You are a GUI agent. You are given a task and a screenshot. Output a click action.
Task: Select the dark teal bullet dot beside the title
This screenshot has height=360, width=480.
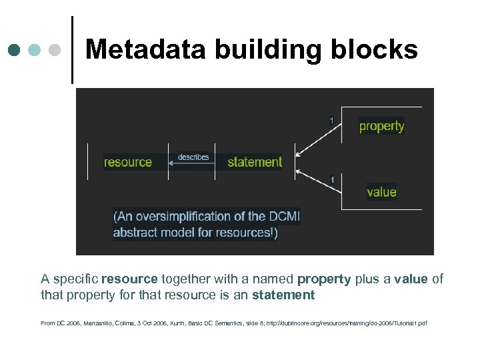15,49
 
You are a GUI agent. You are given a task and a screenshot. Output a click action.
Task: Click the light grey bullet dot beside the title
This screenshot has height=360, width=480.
56,49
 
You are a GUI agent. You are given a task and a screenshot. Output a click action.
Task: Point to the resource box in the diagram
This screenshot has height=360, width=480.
128,162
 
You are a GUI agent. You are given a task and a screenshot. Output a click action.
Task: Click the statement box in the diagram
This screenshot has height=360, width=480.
255,162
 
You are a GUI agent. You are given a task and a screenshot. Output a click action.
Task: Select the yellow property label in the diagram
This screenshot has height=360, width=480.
381,126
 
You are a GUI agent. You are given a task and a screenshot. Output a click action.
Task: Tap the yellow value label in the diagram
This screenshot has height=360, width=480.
381,192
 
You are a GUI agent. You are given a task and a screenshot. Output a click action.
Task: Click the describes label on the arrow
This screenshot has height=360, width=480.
193,157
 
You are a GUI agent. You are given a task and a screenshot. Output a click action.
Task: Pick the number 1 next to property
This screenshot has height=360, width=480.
331,120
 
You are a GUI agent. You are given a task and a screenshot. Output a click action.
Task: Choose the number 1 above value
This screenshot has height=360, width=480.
332,179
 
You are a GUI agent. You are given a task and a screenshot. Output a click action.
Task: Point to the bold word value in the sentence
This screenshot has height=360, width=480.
410,279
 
